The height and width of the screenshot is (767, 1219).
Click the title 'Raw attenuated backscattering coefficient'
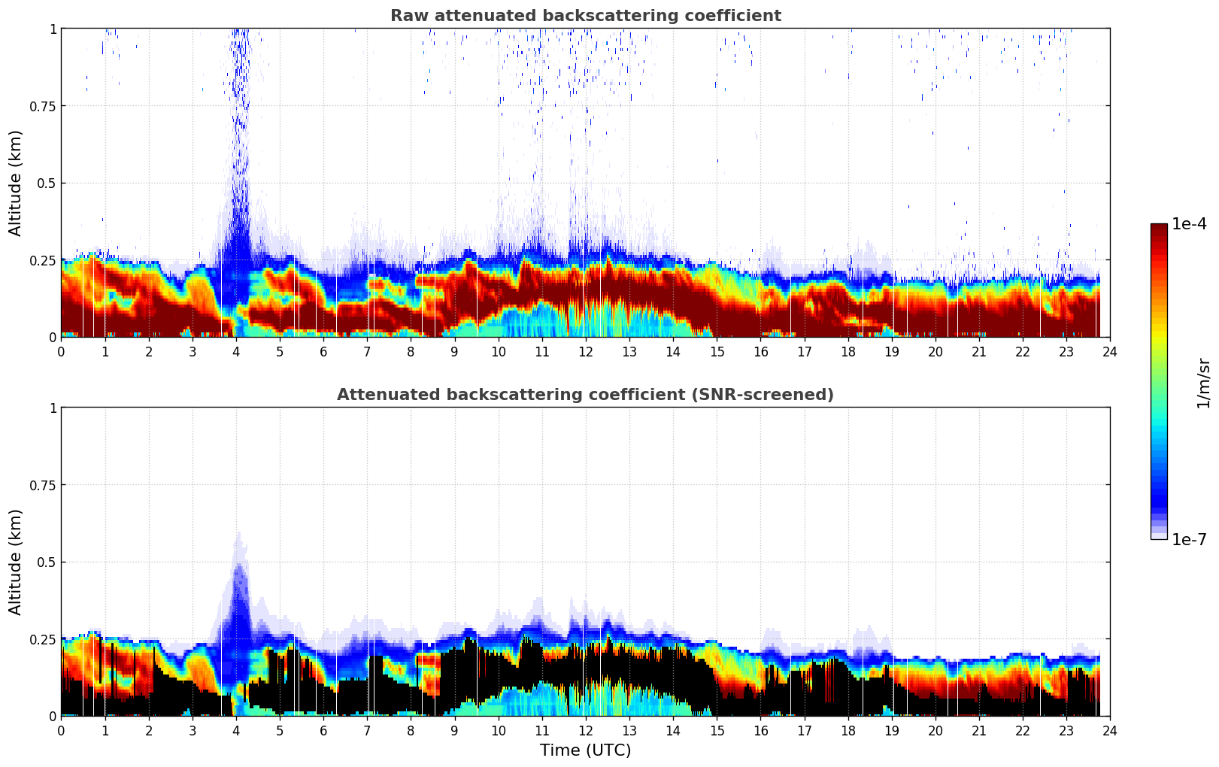click(x=585, y=16)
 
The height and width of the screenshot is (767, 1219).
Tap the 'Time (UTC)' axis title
click(x=585, y=750)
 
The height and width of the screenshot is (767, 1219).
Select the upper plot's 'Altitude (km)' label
click(x=16, y=183)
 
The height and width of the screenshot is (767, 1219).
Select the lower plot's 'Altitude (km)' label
click(x=16, y=562)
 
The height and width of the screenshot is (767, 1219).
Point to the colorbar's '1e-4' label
click(x=1189, y=224)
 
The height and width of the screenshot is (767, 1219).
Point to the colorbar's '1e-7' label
click(x=1189, y=539)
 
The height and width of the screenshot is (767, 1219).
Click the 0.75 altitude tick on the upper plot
click(x=42, y=106)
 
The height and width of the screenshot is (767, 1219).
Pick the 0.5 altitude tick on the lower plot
click(x=47, y=562)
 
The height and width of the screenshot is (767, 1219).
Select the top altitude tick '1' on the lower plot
click(x=53, y=408)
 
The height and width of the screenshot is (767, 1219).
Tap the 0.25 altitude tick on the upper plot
click(x=42, y=260)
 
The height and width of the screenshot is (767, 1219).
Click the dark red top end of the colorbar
click(x=1158, y=228)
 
